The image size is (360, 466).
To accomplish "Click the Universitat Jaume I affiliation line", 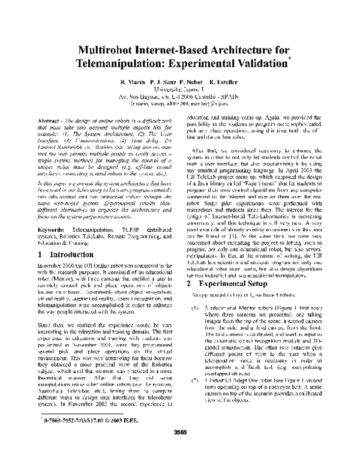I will (x=180, y=88).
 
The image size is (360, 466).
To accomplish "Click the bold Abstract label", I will (x=58, y=120).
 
